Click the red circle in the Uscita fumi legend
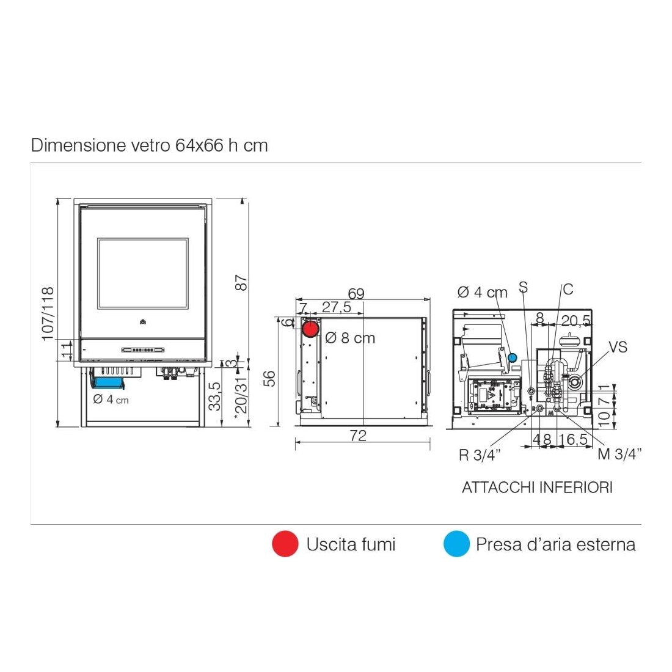coord(285,544)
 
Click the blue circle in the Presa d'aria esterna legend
coord(456,544)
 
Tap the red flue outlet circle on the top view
coord(310,329)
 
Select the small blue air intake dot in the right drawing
coord(512,357)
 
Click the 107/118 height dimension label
coord(48,314)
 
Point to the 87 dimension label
coord(241,283)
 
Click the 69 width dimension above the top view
coord(356,294)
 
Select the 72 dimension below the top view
coord(358,436)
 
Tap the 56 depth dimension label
coord(269,379)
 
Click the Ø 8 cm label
coord(350,338)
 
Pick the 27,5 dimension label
coord(337,307)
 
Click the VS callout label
coord(618,347)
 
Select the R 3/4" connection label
coord(480,455)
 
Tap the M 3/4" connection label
coord(619,454)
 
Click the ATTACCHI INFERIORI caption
coord(537,488)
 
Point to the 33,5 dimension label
coord(215,396)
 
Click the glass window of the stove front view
coord(142,273)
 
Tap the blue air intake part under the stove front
coord(108,382)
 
